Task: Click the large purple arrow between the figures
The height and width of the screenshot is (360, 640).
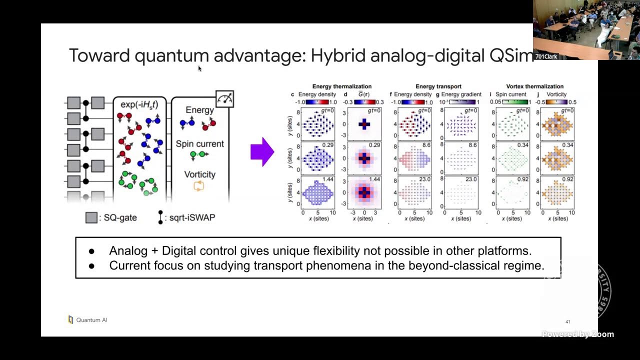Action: tap(261, 151)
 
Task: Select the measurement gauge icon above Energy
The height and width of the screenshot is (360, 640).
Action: tap(224, 99)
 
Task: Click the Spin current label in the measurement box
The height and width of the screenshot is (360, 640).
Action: tap(199, 144)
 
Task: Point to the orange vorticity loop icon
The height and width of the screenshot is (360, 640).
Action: tap(199, 186)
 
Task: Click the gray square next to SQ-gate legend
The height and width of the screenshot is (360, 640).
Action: tap(91, 217)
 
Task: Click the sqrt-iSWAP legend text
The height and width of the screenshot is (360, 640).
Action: tap(192, 217)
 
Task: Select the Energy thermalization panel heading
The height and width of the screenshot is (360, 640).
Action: tap(342, 86)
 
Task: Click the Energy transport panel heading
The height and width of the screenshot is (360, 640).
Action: tap(438, 86)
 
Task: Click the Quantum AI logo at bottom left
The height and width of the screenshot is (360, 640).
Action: tap(87, 320)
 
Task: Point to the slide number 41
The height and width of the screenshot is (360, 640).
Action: tap(567, 321)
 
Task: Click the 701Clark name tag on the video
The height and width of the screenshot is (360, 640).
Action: tap(546, 56)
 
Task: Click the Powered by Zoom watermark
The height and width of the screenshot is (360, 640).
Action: tap(577, 334)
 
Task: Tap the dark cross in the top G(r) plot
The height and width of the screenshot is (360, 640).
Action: tap(364, 124)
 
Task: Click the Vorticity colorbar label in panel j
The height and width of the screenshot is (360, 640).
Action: tap(556, 94)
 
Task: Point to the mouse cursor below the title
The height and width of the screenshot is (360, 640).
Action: tap(199, 68)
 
